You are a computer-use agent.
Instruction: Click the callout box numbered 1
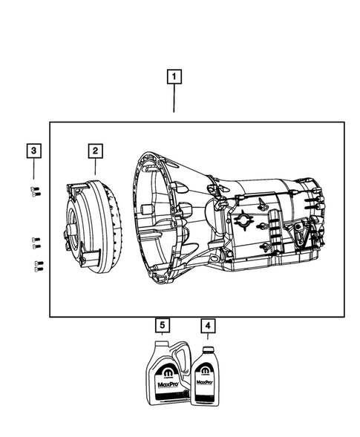[174, 76]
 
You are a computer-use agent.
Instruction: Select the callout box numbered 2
[94, 151]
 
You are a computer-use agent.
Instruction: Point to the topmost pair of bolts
[36, 191]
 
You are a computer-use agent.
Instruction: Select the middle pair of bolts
[36, 240]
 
